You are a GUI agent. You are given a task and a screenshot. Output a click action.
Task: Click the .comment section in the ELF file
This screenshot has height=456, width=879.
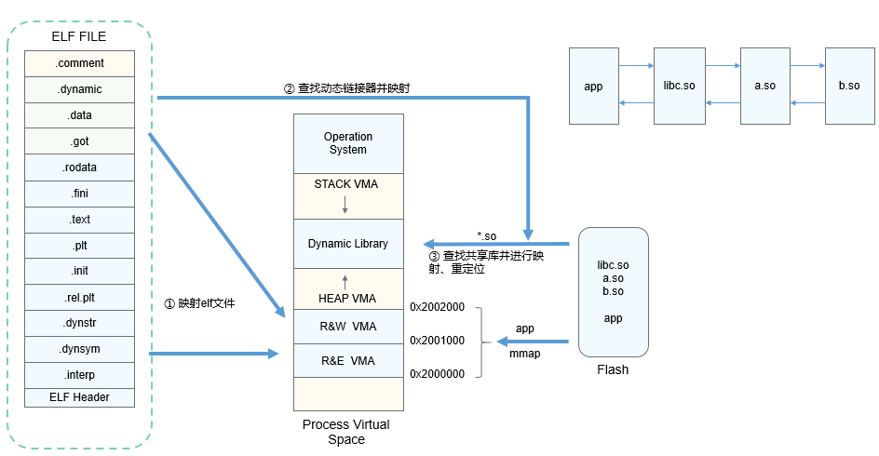point(79,63)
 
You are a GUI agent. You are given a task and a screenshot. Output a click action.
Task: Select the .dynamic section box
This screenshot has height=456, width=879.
point(79,89)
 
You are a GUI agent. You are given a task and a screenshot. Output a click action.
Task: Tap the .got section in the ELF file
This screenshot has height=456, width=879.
point(79,141)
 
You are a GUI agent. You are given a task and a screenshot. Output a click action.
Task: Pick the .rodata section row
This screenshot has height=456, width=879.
point(79,168)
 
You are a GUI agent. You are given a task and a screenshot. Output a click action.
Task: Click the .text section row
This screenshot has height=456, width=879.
point(79,220)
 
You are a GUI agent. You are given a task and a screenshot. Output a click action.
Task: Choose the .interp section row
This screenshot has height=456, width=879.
point(79,374)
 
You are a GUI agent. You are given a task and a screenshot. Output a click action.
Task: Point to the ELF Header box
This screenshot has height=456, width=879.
point(79,397)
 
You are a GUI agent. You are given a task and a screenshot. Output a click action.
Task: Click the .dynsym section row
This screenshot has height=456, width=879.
point(79,349)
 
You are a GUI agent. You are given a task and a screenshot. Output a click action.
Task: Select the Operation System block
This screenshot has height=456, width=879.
point(348,143)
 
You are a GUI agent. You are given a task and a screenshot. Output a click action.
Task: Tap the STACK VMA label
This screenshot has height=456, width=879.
point(346,184)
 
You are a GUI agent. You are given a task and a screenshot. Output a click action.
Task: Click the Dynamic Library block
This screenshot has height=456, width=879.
point(348,244)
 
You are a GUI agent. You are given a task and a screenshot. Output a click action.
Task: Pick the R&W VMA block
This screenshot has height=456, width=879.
point(348,328)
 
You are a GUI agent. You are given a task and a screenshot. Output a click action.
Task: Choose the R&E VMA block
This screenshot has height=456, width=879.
point(348,360)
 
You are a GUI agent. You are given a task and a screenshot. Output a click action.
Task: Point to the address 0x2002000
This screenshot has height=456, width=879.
point(437,307)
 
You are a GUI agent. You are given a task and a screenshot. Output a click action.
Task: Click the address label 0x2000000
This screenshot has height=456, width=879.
point(437,373)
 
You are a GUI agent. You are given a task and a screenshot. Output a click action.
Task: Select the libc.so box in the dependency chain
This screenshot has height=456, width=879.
point(679,87)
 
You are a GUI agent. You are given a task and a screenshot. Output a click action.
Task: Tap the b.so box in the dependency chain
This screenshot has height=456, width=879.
point(849,87)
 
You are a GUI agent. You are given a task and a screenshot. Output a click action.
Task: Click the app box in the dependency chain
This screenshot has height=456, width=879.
point(593,87)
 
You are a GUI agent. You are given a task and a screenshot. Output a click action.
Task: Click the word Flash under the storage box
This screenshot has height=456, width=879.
point(613,369)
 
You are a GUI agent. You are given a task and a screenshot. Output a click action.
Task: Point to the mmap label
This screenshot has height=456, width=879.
point(525,354)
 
